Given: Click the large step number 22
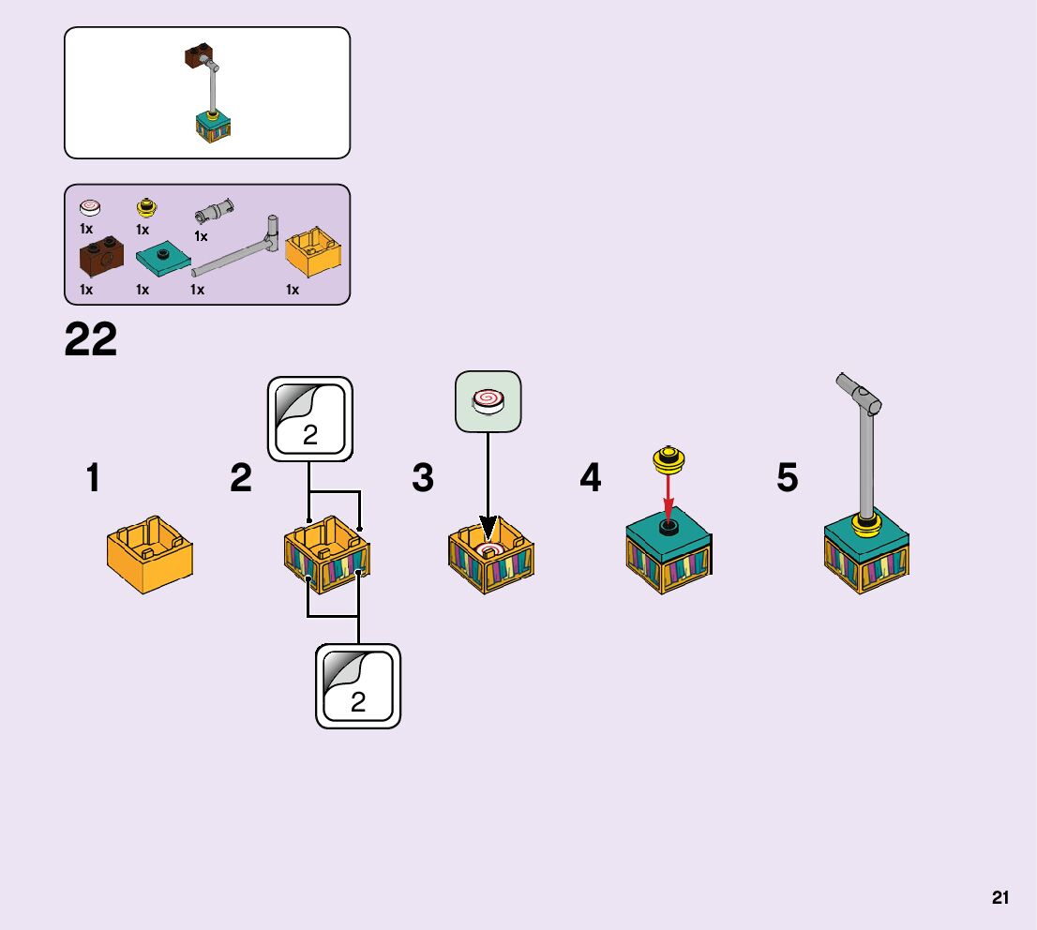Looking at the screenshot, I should (91, 339).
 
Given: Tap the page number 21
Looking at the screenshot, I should (1000, 897).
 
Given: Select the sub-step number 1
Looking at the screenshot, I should (93, 479).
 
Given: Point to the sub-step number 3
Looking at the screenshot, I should (423, 479).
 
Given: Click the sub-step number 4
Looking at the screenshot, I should (590, 479).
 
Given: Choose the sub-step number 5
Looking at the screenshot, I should (788, 479).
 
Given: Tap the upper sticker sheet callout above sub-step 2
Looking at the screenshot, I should (310, 419).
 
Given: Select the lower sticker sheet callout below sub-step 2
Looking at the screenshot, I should (358, 685).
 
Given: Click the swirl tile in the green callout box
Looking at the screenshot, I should (488, 402).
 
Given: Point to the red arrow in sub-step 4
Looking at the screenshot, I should (668, 494).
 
